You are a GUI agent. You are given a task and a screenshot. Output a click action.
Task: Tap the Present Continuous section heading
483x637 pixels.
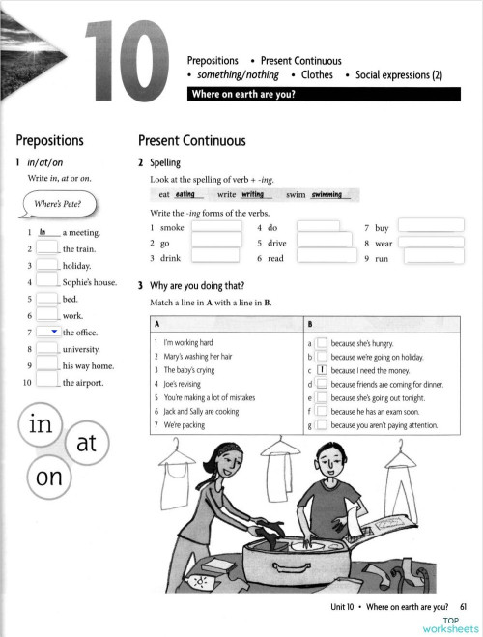191,140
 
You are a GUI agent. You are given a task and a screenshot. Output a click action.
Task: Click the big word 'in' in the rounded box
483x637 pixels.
41,426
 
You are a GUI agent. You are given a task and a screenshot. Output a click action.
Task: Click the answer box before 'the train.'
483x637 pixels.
47,249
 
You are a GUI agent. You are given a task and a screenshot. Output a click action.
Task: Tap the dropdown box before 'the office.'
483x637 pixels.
47,332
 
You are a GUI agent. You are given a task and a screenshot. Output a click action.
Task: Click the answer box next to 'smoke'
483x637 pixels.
214,228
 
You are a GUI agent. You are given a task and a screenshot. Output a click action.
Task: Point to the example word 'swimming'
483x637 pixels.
327,194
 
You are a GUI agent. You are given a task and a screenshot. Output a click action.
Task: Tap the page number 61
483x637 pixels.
465,605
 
